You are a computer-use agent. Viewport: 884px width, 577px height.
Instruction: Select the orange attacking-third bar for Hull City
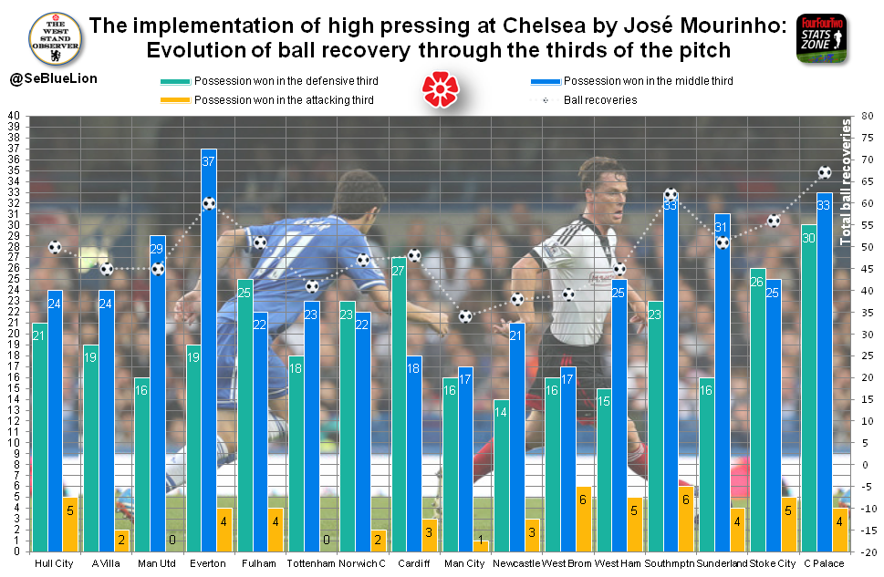(70, 523)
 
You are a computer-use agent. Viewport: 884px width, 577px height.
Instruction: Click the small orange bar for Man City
(481, 546)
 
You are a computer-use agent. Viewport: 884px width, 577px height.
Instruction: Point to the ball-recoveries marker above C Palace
(825, 172)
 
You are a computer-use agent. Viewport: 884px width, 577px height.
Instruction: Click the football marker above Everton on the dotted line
(209, 203)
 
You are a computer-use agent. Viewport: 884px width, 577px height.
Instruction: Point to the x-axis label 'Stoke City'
(774, 563)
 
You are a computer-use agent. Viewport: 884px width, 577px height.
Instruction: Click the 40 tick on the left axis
(13, 116)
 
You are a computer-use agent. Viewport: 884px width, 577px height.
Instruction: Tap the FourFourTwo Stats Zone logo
(821, 38)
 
